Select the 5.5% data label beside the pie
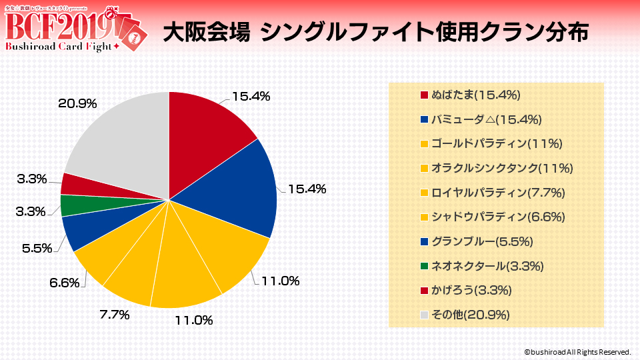tap(37, 248)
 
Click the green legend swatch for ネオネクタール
tap(425, 266)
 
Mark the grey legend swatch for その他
tap(425, 315)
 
